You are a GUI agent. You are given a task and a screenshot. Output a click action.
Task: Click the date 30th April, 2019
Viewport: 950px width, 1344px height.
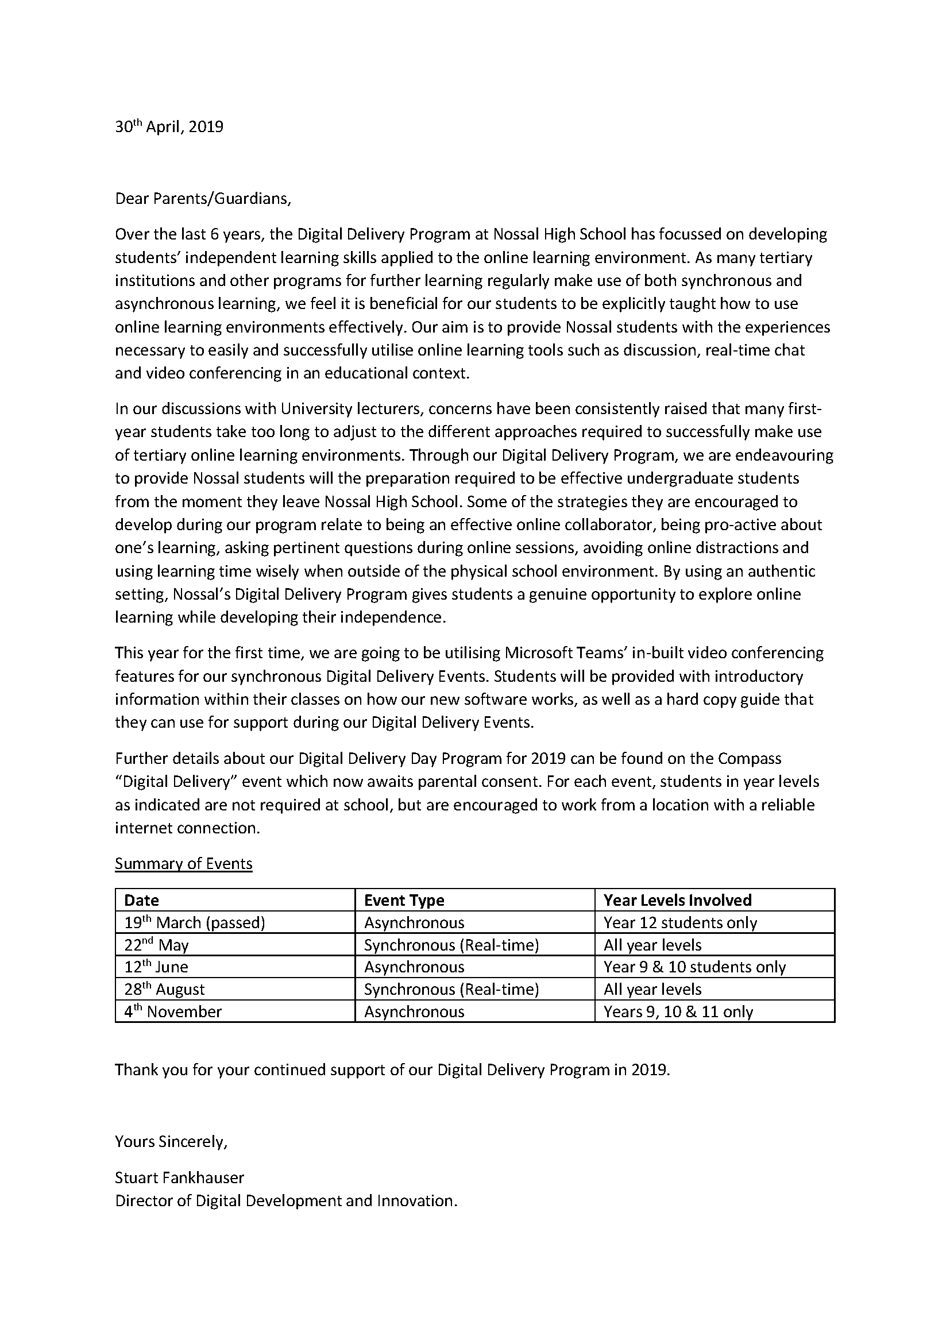tap(169, 127)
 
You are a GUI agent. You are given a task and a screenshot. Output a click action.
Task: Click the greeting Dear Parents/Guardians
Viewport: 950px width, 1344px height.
tap(203, 199)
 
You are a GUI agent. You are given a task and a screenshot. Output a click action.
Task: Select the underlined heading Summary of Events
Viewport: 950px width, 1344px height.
tap(183, 864)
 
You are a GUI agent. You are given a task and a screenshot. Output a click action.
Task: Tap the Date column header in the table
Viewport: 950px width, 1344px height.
tap(142, 900)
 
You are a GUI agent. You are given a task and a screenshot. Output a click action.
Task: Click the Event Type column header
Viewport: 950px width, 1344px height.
tap(404, 900)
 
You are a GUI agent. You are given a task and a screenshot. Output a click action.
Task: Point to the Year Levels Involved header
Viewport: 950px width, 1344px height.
tap(677, 900)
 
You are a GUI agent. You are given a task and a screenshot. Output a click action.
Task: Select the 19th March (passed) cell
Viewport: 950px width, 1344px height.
tap(194, 923)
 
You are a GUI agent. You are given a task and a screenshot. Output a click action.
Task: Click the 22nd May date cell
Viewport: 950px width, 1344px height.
tap(156, 945)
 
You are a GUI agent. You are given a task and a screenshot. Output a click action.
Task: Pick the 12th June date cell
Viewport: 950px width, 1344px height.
tap(156, 967)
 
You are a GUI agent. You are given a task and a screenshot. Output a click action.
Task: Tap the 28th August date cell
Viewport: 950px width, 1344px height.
tap(164, 990)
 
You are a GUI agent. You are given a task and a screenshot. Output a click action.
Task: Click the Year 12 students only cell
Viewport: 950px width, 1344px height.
tap(680, 923)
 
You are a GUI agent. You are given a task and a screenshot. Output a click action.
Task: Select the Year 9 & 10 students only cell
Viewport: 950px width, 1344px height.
tap(694, 967)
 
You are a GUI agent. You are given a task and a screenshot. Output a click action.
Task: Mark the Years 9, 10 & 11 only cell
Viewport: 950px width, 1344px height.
tap(678, 1012)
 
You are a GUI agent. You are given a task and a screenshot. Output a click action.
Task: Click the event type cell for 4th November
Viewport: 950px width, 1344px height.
tap(414, 1012)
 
